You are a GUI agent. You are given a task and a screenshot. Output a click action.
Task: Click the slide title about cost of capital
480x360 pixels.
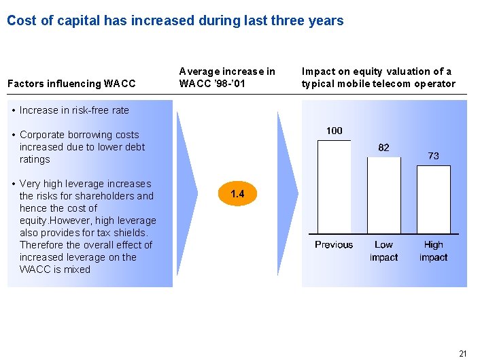[x=175, y=20]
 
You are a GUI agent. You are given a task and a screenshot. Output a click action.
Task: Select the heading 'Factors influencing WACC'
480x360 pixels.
[x=71, y=84]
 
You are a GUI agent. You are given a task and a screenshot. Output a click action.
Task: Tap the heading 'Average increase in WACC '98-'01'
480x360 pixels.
[x=227, y=78]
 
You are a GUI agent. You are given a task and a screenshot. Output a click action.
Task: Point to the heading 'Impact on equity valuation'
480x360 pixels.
[x=378, y=78]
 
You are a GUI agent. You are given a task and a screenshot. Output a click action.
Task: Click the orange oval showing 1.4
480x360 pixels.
[x=237, y=195]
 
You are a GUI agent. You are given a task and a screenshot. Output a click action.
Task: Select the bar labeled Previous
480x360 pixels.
[x=334, y=186]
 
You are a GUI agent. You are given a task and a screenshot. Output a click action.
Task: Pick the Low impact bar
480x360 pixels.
[x=384, y=195]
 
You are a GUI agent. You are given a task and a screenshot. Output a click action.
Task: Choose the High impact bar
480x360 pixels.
[x=433, y=199]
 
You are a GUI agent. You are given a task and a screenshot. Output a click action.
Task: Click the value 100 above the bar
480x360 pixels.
[x=335, y=131]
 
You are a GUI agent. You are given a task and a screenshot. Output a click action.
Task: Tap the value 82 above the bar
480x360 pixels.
[x=384, y=148]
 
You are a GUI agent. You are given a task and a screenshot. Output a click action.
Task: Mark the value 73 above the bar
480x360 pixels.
[x=433, y=156]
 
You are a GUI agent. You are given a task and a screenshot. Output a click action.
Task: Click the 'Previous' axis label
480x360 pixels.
[x=334, y=245]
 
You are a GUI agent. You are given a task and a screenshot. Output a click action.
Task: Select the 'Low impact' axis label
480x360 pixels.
[x=384, y=251]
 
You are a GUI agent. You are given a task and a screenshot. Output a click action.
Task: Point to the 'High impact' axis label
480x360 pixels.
[x=433, y=251]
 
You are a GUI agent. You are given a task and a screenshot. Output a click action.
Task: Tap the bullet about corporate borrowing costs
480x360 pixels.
[x=82, y=147]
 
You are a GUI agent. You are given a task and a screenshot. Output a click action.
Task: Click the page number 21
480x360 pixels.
[x=463, y=353]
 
